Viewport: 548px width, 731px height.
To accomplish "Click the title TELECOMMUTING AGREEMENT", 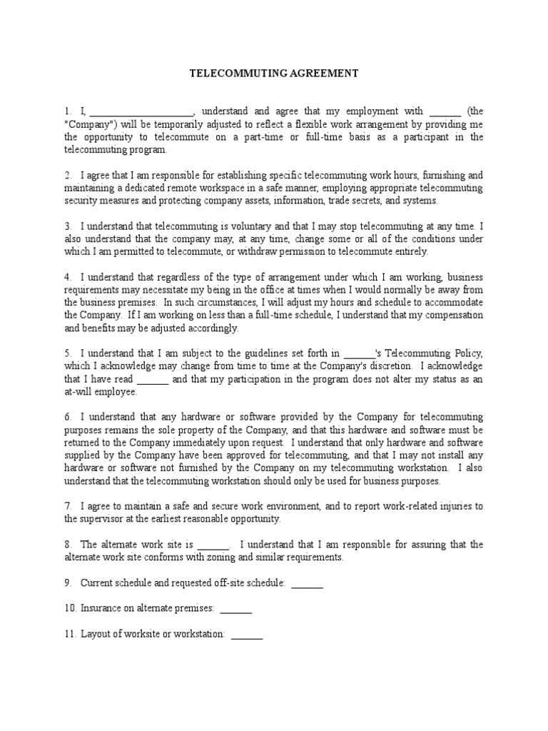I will tap(273, 74).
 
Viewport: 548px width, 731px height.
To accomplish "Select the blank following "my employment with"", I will tap(445, 112).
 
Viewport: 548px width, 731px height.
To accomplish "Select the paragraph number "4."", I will tap(68, 278).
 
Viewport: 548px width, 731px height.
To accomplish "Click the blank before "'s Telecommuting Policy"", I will tap(359, 355).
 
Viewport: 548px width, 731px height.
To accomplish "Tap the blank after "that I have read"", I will tap(152, 380).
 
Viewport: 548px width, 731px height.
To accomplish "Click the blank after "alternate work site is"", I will tap(213, 545).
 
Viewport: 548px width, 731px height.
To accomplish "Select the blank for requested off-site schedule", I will tap(308, 584).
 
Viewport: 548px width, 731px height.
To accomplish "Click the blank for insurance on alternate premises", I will tap(236, 609).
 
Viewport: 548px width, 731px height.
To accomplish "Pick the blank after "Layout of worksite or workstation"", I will tap(247, 635).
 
